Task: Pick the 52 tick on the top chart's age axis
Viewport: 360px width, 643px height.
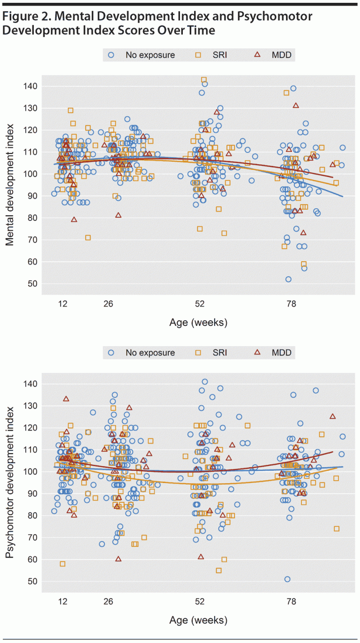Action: [x=200, y=304]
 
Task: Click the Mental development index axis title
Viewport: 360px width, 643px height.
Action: [x=10, y=185]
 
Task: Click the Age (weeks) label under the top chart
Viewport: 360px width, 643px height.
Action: [x=198, y=323]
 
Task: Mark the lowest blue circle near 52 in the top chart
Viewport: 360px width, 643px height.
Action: [x=195, y=204]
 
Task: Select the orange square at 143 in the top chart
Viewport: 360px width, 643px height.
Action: [x=204, y=80]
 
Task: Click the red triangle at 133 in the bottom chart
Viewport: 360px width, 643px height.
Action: [x=66, y=399]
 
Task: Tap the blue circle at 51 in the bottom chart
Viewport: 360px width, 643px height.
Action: [x=287, y=579]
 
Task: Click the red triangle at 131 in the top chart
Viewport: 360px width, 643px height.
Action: [x=296, y=106]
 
